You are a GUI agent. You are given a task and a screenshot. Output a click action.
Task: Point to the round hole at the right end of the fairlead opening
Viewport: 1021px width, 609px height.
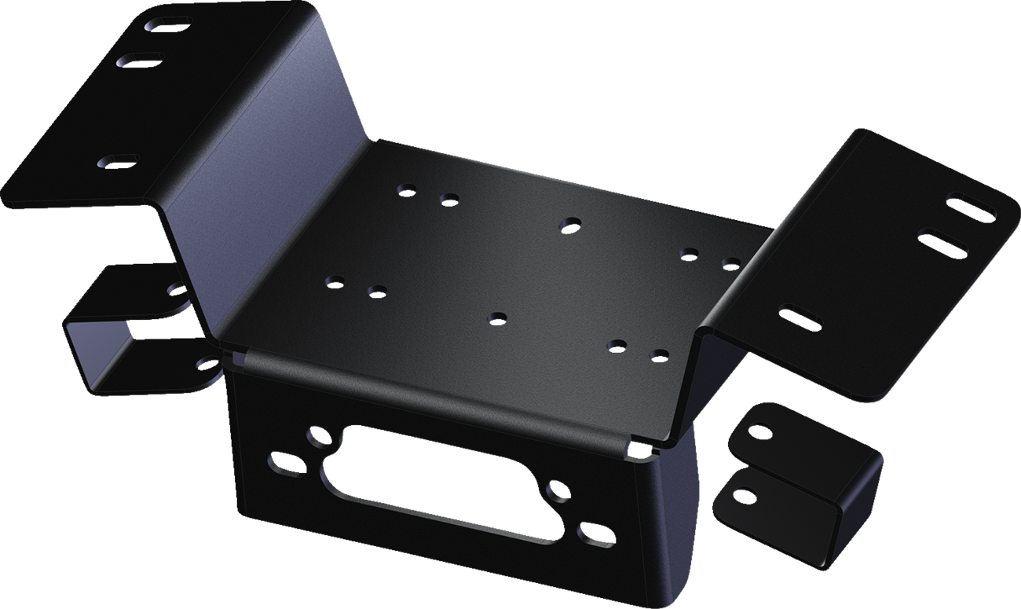tap(558, 491)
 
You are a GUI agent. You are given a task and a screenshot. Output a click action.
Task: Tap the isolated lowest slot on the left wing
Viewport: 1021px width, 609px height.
tap(118, 162)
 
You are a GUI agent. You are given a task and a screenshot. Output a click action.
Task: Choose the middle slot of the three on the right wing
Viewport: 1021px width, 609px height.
tap(942, 244)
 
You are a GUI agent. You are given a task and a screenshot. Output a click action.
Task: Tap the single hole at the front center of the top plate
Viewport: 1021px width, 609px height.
tap(496, 318)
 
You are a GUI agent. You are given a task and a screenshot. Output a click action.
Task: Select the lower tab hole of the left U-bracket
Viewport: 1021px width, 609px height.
tap(208, 363)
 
